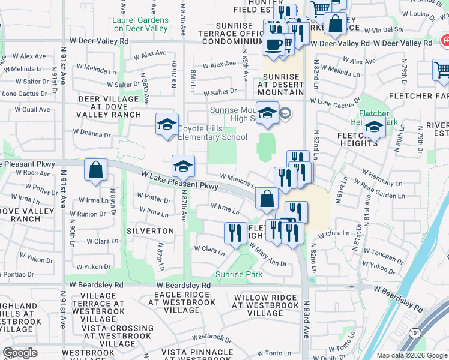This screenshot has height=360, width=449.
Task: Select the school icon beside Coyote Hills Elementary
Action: [167, 125]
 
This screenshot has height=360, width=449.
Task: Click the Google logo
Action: [20, 353]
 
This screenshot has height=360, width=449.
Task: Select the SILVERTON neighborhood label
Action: [150, 231]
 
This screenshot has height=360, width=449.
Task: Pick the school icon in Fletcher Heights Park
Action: [374, 127]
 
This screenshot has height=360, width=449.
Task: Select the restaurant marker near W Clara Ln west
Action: [235, 232]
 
